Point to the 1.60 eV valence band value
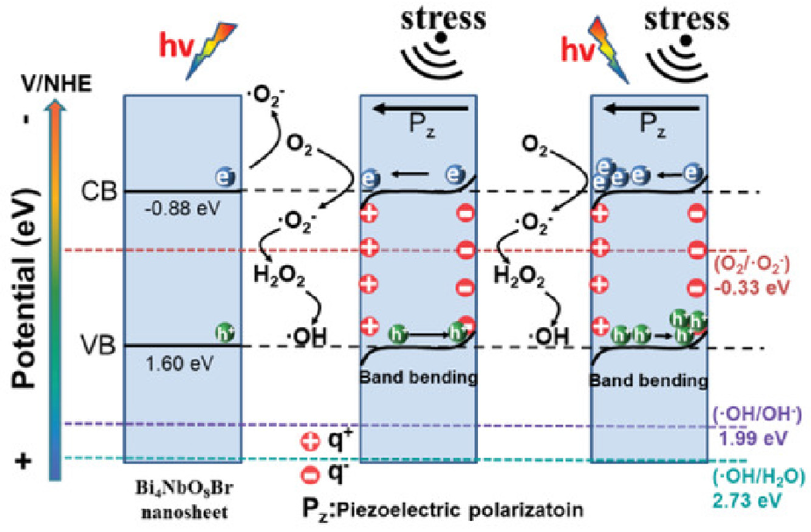click(180, 364)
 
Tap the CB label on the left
click(99, 192)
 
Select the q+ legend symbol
click(310, 442)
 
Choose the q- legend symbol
click(310, 474)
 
